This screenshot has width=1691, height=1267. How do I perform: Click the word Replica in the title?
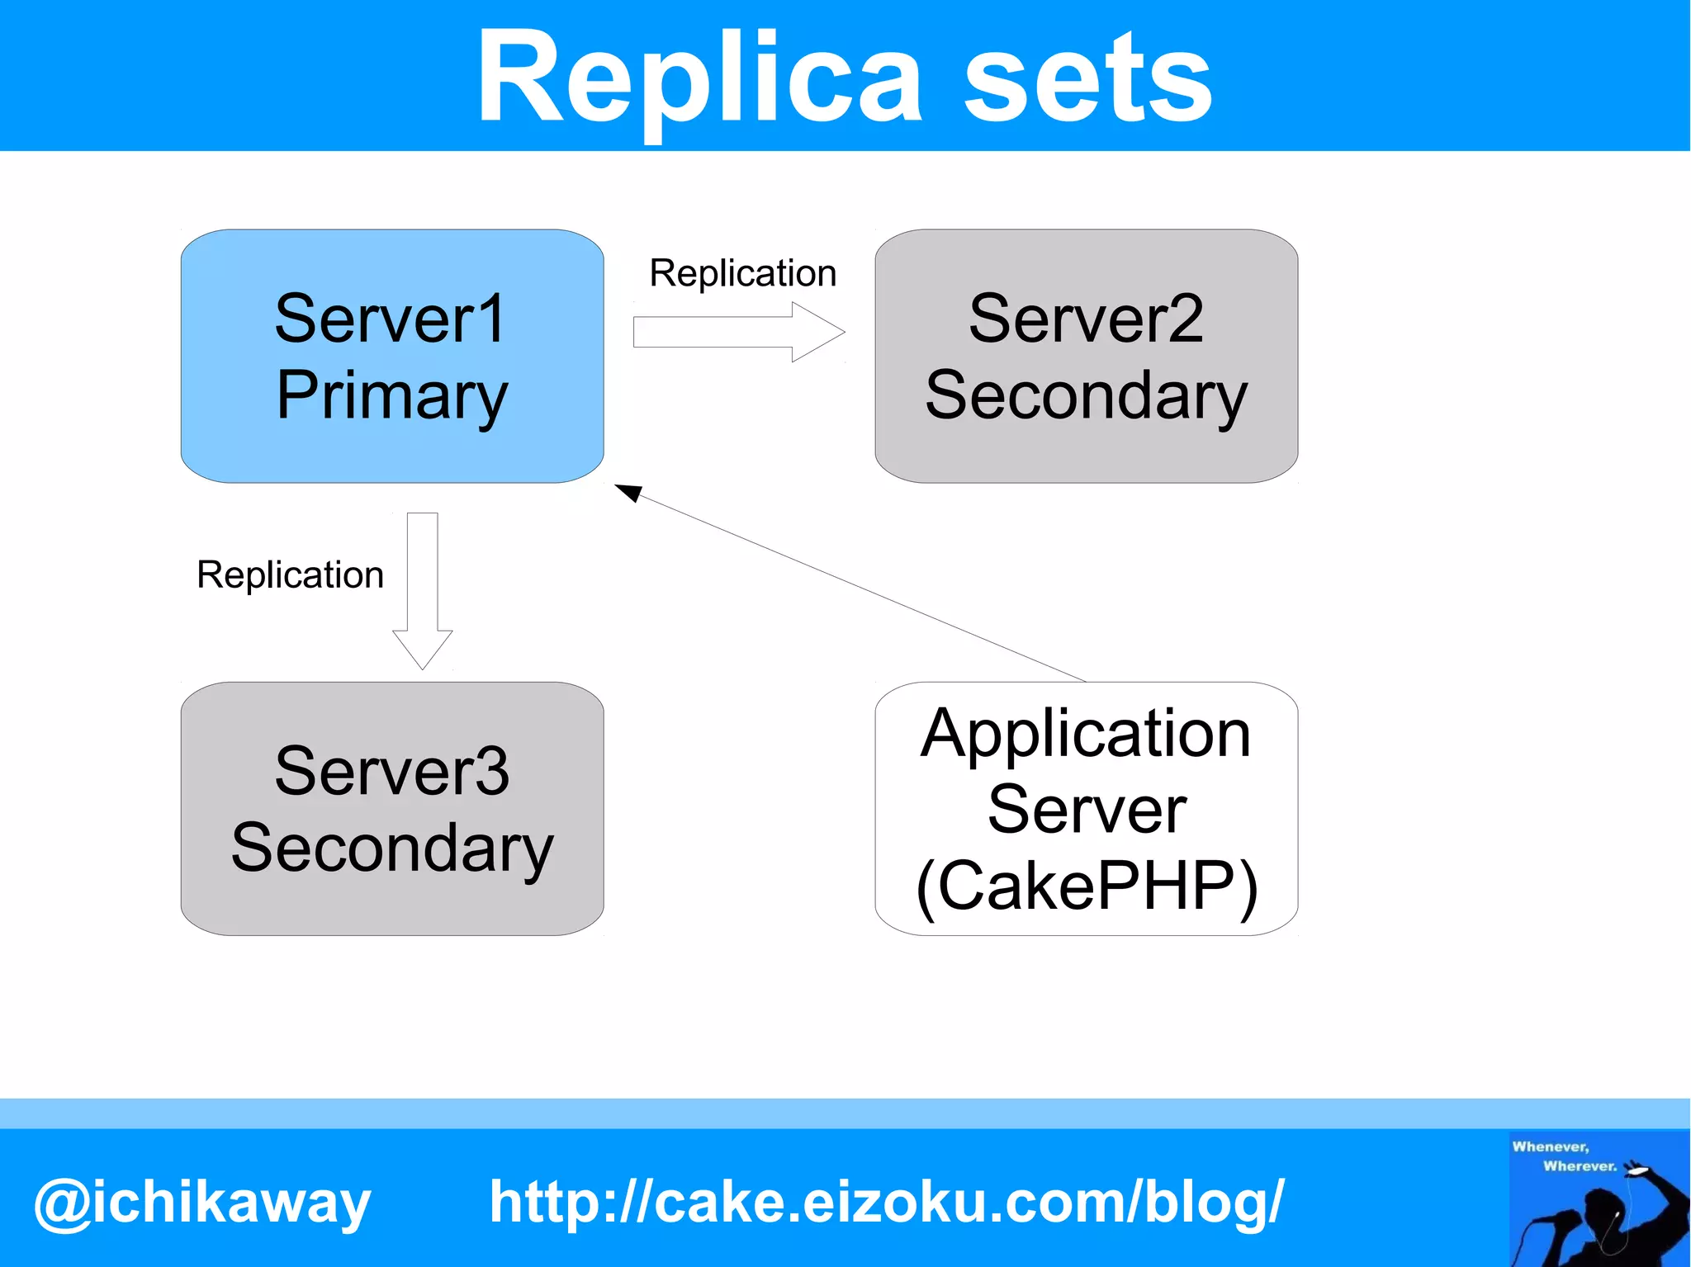[x=698, y=78]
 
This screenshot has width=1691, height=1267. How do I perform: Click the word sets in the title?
[x=1087, y=78]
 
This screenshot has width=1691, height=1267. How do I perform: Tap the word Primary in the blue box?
[x=392, y=395]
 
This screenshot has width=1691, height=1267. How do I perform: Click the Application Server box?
[x=1086, y=809]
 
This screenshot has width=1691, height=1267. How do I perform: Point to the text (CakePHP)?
[x=1086, y=886]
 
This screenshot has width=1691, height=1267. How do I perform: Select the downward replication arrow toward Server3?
[x=423, y=590]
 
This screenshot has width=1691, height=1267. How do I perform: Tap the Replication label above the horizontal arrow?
[x=742, y=273]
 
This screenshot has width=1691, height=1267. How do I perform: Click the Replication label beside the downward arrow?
[x=290, y=574]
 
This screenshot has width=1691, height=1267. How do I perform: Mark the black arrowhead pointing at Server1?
[x=628, y=493]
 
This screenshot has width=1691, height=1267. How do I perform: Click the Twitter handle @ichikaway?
[x=202, y=1203]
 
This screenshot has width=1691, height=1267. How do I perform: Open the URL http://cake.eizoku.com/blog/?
[x=886, y=1201]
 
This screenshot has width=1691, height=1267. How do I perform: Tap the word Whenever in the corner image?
[x=1550, y=1146]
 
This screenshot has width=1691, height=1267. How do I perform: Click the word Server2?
[x=1086, y=319]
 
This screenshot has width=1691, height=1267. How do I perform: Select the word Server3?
[x=392, y=771]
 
